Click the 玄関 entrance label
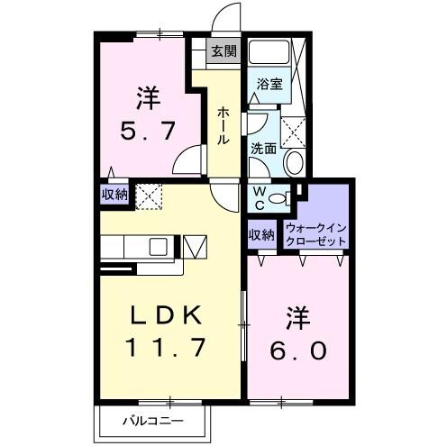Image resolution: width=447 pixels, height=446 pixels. point(223,52)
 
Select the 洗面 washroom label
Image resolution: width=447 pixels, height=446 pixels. point(264,149)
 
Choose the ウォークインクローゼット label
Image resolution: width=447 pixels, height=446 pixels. point(315,235)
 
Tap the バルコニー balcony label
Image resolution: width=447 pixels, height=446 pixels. point(153,421)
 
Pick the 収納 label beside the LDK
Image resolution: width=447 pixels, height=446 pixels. point(114,194)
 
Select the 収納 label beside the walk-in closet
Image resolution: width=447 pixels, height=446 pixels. point(262,235)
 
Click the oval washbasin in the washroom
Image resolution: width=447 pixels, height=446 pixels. point(293,162)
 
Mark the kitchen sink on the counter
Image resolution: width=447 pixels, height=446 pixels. point(159,246)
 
